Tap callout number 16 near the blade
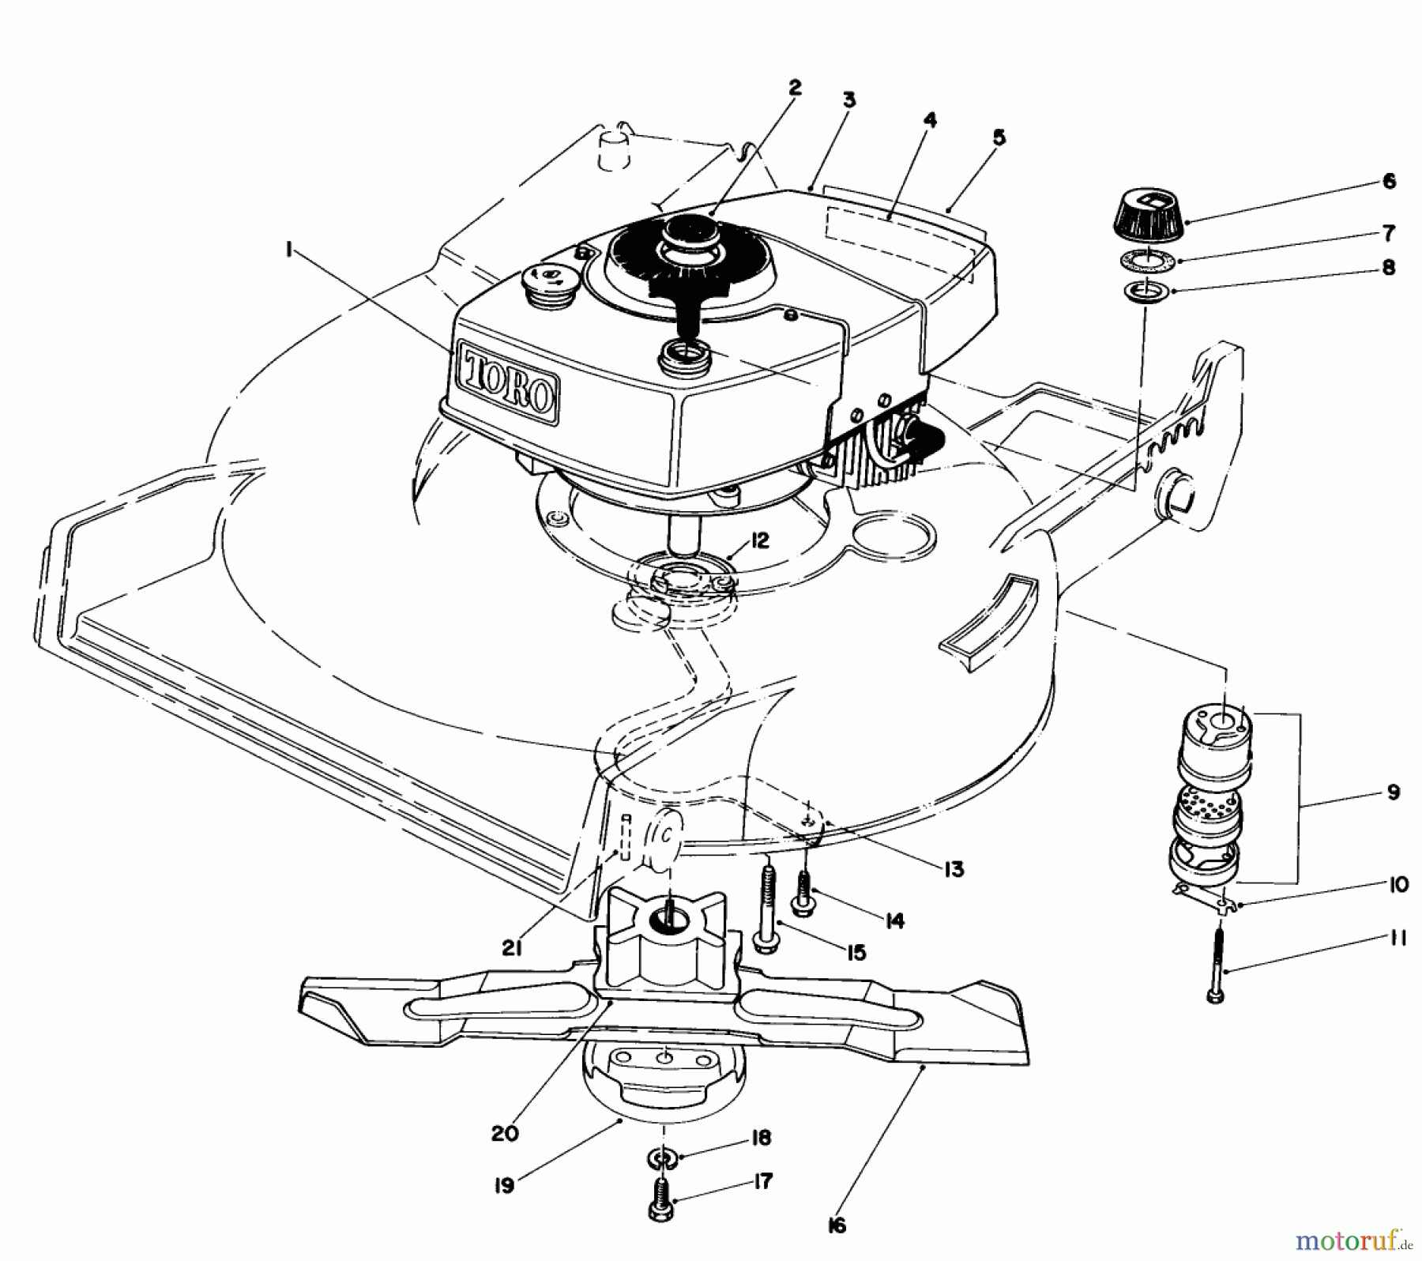(837, 1225)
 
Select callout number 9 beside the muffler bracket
(1393, 792)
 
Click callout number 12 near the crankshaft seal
(759, 541)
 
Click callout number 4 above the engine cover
(930, 121)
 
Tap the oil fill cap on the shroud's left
(544, 280)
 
